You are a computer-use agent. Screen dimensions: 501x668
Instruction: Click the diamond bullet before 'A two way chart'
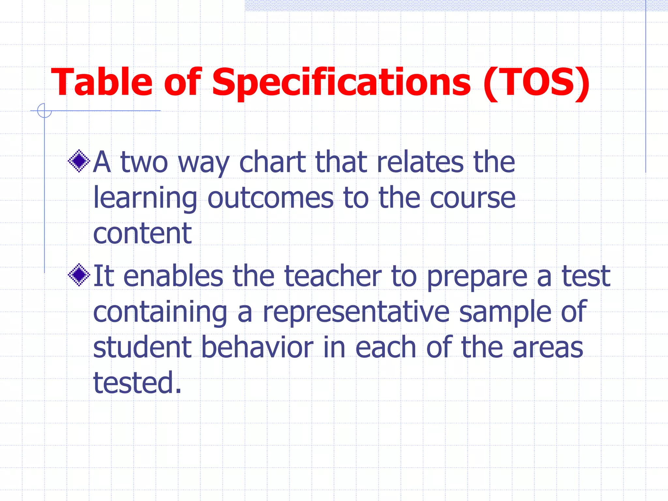(79, 161)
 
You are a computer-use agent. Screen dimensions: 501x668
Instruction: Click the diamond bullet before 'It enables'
(79, 275)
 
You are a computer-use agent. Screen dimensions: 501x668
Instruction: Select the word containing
(160, 312)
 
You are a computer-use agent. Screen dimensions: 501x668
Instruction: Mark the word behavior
(257, 347)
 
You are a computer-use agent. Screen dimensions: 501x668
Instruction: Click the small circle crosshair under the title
(44, 111)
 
